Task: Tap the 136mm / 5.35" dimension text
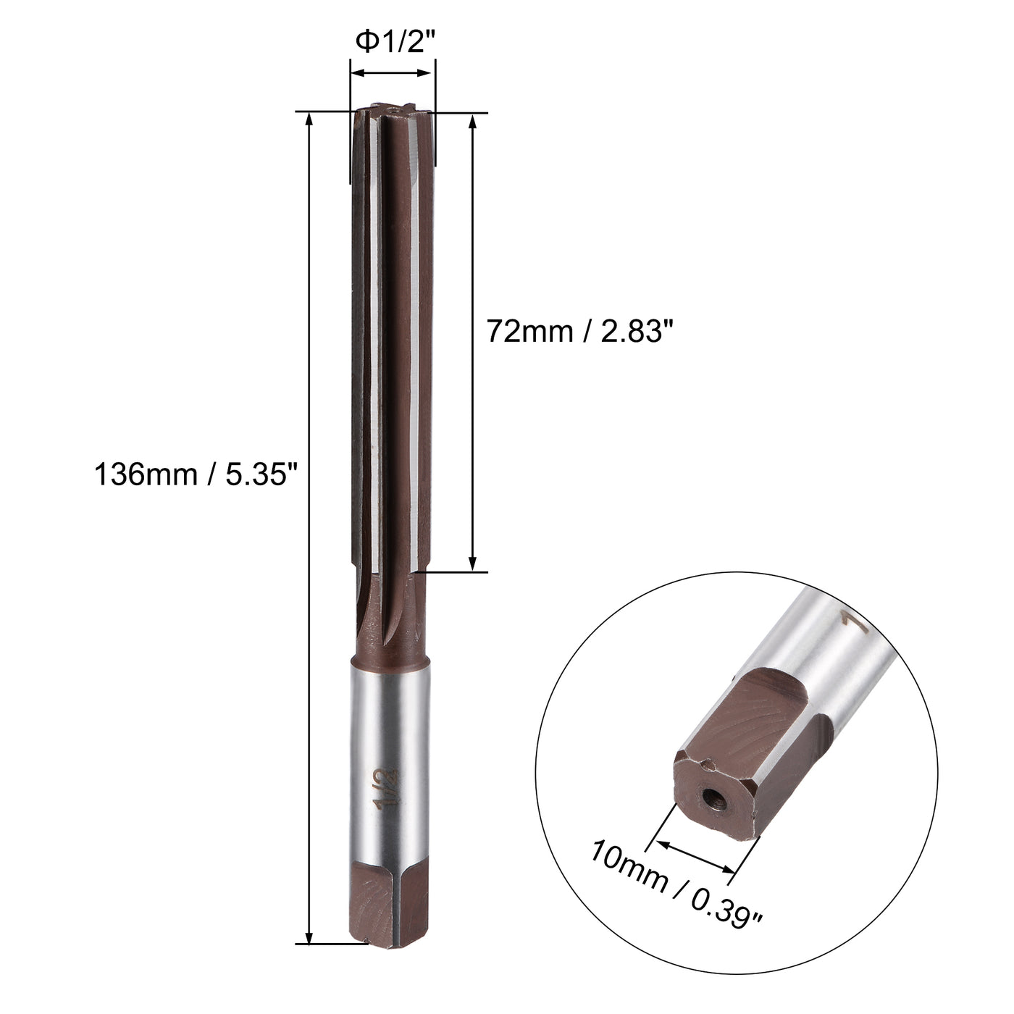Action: (x=196, y=476)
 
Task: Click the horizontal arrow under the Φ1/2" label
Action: (x=393, y=72)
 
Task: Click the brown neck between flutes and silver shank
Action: (x=391, y=623)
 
